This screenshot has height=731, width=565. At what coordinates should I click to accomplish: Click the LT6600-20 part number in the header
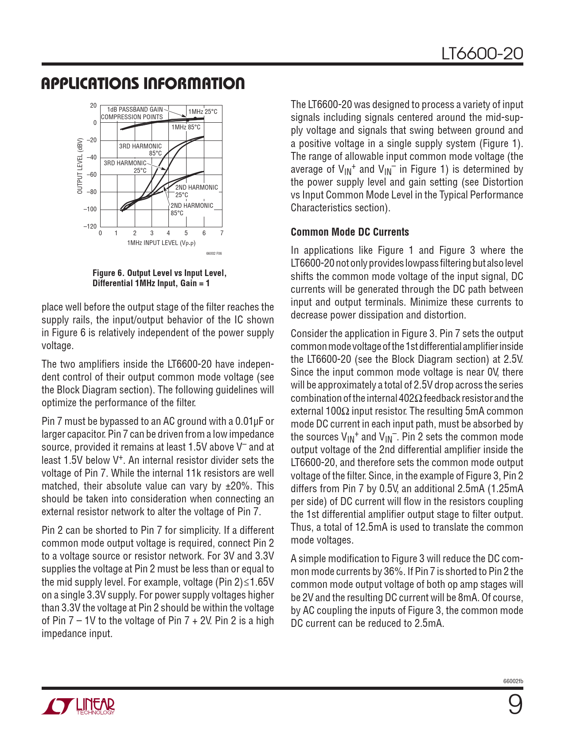pyautogui.click(x=482, y=54)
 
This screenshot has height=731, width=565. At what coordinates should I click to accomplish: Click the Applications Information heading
pyautogui.click(x=143, y=83)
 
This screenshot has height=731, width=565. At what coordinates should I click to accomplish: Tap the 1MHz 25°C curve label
pyautogui.click(x=203, y=112)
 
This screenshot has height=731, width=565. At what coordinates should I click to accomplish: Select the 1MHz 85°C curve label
pyautogui.click(x=186, y=127)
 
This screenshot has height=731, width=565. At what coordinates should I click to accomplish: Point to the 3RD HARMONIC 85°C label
pyautogui.click(x=140, y=150)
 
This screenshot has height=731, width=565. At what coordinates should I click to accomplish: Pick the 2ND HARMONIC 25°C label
pyautogui.click(x=196, y=191)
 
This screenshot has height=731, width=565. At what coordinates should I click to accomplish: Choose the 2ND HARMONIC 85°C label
pyautogui.click(x=191, y=209)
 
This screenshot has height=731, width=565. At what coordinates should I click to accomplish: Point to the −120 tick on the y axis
pyautogui.click(x=90, y=226)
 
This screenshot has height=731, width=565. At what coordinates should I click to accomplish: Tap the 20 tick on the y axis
pyautogui.click(x=93, y=105)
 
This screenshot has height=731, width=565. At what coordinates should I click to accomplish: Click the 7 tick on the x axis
pyautogui.click(x=222, y=233)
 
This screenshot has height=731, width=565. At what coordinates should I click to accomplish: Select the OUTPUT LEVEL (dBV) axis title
pyautogui.click(x=80, y=166)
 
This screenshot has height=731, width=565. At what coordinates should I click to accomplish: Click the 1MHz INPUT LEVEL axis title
pyautogui.click(x=161, y=243)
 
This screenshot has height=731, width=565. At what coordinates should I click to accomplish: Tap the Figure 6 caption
pyautogui.click(x=159, y=278)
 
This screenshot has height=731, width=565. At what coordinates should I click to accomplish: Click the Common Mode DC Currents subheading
pyautogui.click(x=350, y=232)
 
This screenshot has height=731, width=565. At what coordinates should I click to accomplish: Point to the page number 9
pyautogui.click(x=515, y=705)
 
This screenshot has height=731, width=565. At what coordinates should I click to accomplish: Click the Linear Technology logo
pyautogui.click(x=78, y=706)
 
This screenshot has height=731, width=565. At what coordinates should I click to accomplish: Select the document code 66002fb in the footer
pyautogui.click(x=513, y=681)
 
